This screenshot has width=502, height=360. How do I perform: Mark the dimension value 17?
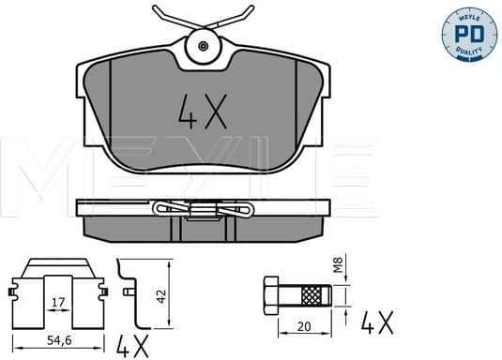pyautogui.click(x=58, y=302)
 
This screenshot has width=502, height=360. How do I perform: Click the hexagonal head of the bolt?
pyautogui.click(x=269, y=296)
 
